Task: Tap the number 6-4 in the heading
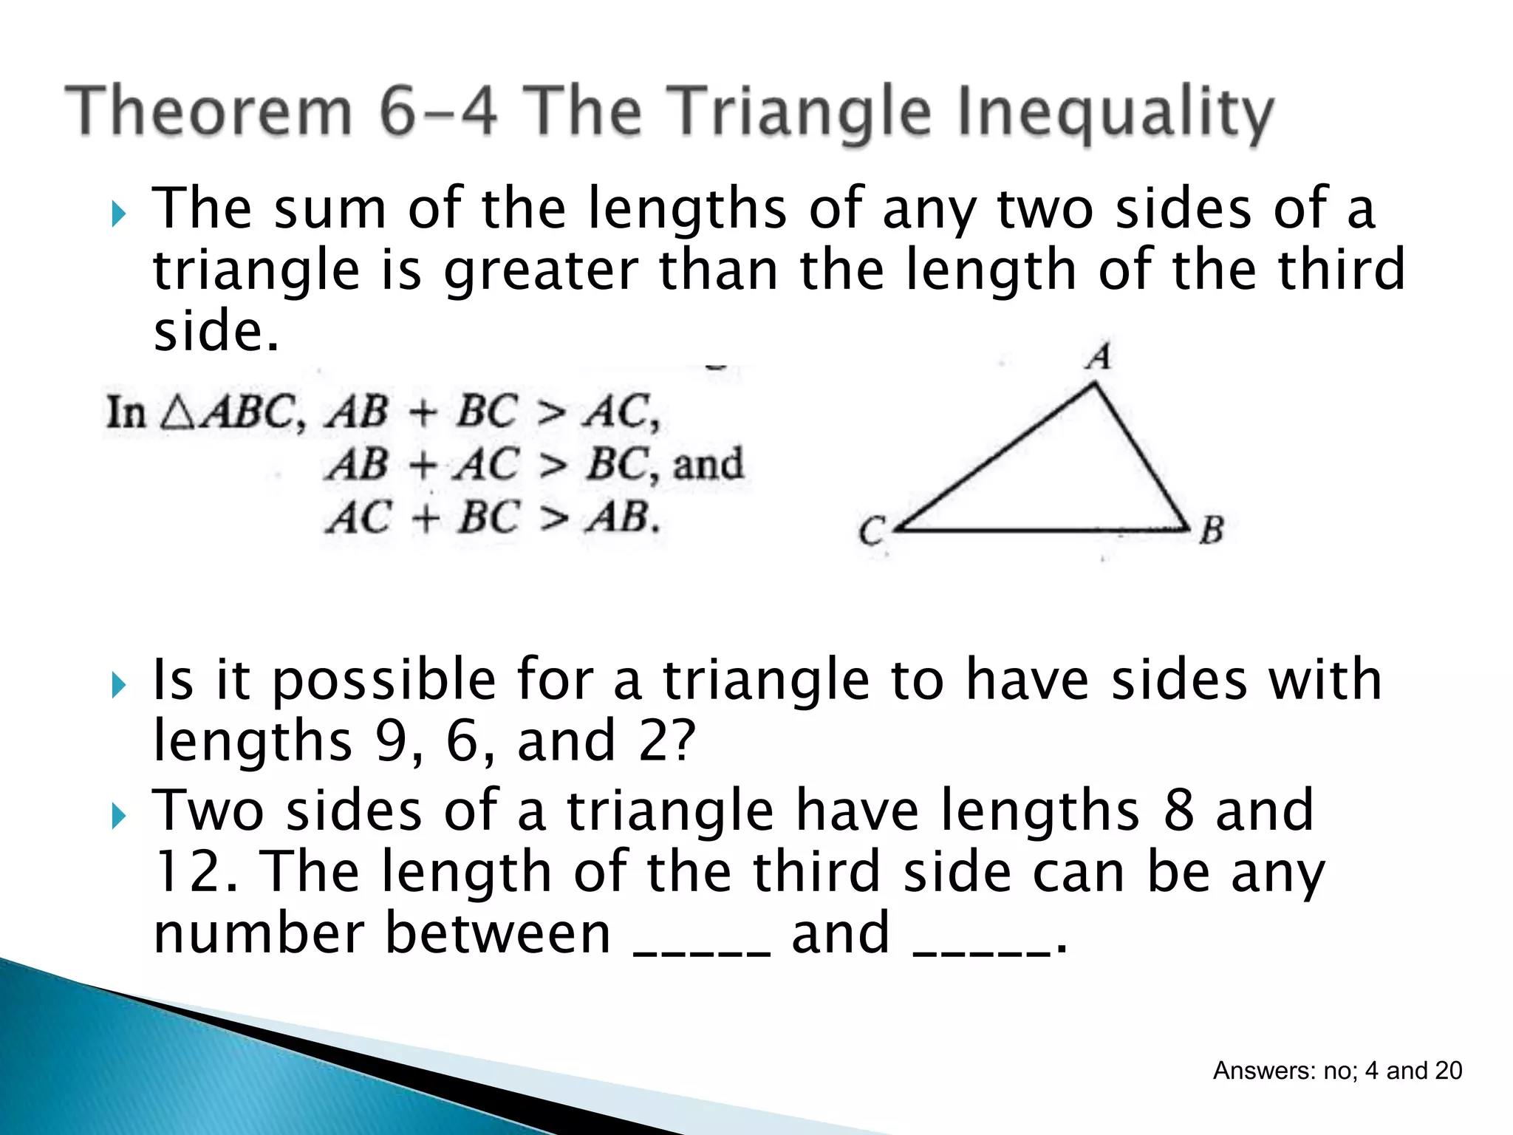point(437,112)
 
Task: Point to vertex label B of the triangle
point(1212,530)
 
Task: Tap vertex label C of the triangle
point(872,531)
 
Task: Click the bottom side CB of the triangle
point(1042,530)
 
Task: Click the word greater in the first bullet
point(542,270)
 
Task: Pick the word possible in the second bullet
point(384,681)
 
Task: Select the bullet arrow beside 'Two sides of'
point(118,817)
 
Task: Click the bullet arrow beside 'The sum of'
point(118,215)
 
